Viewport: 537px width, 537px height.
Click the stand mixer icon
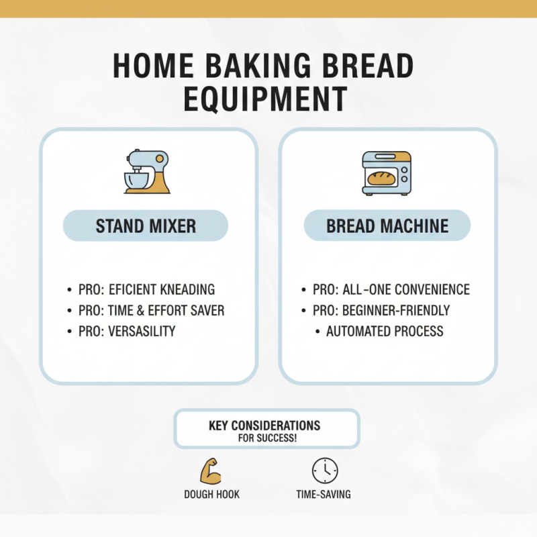click(146, 173)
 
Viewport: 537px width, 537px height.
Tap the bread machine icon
click(387, 173)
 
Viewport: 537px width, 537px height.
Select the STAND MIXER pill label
click(146, 226)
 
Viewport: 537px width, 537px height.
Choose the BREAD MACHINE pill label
click(387, 226)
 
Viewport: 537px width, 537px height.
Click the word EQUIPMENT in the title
click(264, 99)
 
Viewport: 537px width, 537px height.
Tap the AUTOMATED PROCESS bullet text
click(385, 331)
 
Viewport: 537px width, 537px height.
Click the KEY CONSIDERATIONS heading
click(264, 426)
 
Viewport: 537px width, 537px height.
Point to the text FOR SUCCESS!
click(268, 438)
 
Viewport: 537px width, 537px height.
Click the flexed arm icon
click(211, 471)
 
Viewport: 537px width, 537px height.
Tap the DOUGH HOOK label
click(211, 495)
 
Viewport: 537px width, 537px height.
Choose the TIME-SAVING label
click(324, 495)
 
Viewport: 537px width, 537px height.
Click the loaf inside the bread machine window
click(381, 178)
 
